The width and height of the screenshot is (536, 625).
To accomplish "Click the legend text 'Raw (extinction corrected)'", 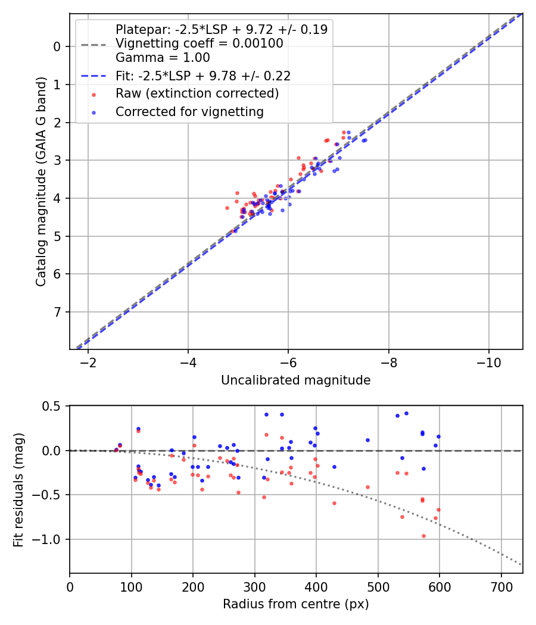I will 197,93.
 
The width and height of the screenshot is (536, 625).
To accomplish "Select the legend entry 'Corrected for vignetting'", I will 189,111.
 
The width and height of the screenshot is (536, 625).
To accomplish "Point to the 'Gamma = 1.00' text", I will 163,58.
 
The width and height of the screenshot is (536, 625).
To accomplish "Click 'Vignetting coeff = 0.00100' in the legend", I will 199,43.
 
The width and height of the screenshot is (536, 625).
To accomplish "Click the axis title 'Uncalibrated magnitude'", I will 296,380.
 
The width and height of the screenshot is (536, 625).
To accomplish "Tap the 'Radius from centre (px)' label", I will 296,604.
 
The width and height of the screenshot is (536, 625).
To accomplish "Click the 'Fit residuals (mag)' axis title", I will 18,489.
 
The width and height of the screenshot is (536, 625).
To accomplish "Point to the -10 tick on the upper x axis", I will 489,362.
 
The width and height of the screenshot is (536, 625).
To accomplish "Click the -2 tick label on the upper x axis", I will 88,362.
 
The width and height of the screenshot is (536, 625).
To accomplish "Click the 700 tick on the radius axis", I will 501,586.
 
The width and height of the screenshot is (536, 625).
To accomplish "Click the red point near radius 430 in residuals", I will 334,503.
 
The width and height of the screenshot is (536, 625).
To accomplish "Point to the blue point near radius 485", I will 367,440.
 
